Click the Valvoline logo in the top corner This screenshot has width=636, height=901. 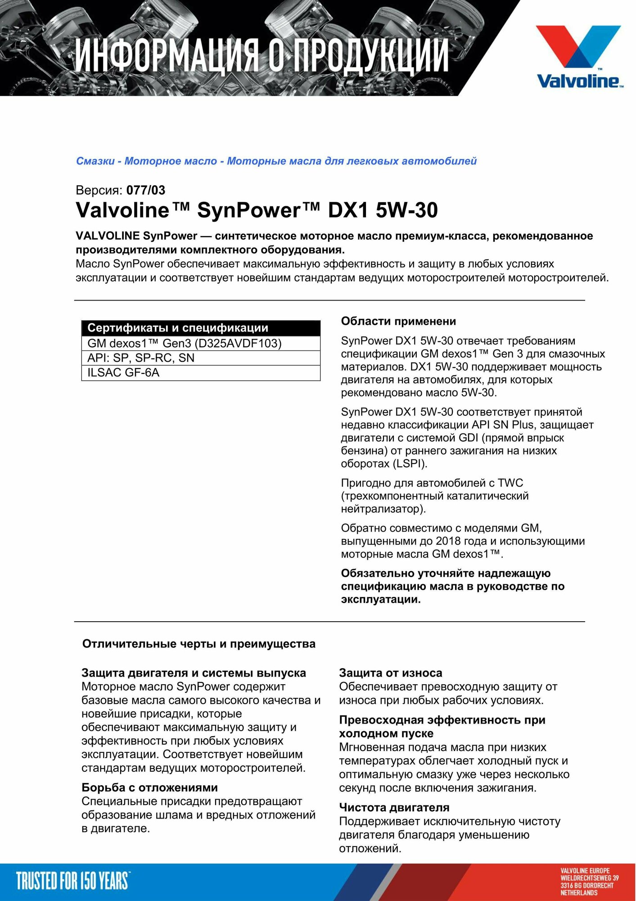click(579, 56)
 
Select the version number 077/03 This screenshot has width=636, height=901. click(146, 190)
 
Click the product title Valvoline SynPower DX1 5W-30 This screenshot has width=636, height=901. click(257, 210)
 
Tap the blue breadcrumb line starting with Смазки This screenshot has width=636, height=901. click(276, 161)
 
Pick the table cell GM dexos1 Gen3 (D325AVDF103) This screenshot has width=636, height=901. click(184, 343)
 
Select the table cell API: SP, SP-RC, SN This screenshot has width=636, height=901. click(141, 358)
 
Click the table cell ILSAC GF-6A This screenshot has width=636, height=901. click(123, 373)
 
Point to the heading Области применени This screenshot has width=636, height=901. click(398, 321)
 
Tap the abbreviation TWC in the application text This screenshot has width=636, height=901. click(510, 483)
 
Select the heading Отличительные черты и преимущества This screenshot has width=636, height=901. click(198, 644)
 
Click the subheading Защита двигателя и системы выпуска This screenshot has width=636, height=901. click(194, 673)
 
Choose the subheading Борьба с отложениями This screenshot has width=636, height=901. click(149, 787)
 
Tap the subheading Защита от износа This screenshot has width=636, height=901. click(390, 673)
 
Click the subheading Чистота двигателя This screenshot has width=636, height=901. click(394, 807)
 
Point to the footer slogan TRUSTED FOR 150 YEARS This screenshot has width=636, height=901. click(72, 881)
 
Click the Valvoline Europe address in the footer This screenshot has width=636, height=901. click(589, 881)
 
